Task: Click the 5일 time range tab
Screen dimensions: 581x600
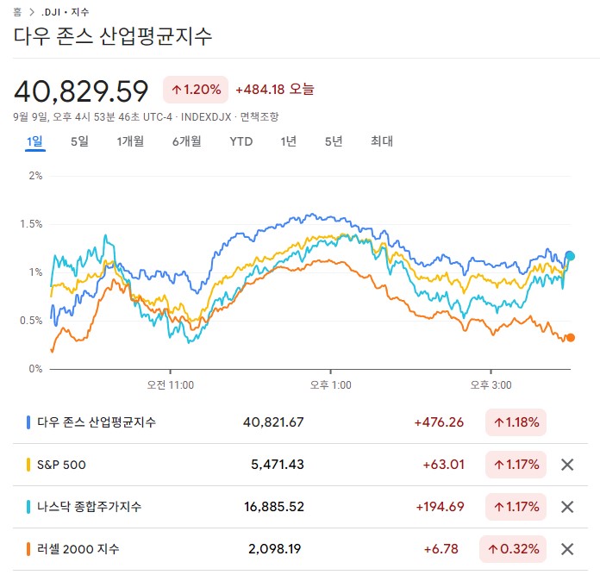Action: [79, 141]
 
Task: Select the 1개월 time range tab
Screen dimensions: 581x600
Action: [130, 141]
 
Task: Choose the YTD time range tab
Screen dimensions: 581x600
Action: [241, 141]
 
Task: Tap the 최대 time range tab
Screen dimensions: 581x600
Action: [381, 141]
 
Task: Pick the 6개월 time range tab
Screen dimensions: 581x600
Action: [186, 141]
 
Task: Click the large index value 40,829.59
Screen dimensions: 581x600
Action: [81, 91]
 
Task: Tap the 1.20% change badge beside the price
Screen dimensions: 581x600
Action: [196, 89]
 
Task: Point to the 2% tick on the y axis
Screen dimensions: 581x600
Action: [35, 176]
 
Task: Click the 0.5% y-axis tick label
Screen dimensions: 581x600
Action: [31, 321]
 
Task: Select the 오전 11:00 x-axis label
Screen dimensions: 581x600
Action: [170, 385]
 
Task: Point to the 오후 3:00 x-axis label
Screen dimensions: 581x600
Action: [491, 385]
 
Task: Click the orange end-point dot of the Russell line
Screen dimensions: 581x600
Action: [570, 338]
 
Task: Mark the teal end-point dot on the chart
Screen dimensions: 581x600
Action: [570, 256]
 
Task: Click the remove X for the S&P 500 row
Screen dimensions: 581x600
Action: [567, 465]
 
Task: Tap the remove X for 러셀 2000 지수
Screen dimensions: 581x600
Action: [567, 549]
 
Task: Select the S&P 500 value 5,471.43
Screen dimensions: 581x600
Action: [277, 465]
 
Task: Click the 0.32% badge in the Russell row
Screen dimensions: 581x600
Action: [516, 549]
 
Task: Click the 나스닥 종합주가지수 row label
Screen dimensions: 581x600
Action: [90, 507]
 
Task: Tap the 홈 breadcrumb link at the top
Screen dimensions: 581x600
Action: [17, 13]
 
